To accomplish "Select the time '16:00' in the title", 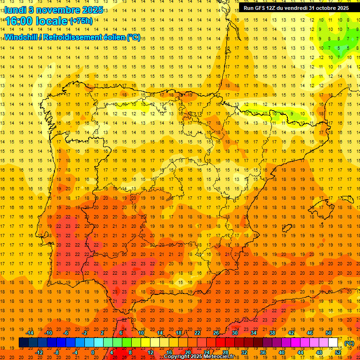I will point(21,22).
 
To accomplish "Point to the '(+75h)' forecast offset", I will point(81,21).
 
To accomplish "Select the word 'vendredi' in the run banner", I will point(298,8).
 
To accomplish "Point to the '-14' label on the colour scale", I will point(30,333).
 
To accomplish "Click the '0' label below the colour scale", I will point(93,352).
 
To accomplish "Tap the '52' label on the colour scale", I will point(337,352).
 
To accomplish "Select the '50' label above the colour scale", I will point(329,333).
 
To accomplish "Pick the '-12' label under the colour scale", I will point(39,352).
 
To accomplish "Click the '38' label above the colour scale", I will point(272,333).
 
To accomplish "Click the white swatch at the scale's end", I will point(333,343).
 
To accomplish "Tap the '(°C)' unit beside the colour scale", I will point(349,343).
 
